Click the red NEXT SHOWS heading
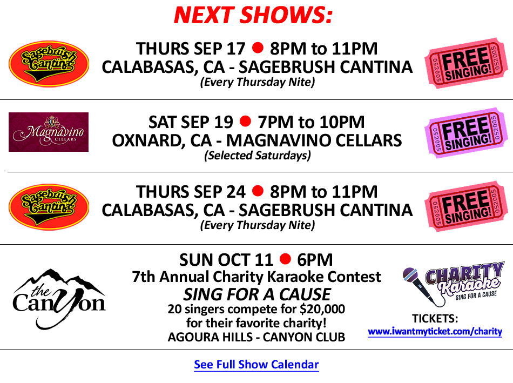(x=253, y=15)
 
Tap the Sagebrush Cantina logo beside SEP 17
(x=49, y=64)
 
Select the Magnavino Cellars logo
(x=49, y=132)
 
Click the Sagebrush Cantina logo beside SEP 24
(x=49, y=207)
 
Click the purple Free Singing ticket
(x=466, y=132)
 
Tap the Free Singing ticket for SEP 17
(x=466, y=63)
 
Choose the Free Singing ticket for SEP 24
(x=466, y=206)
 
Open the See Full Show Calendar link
(x=256, y=364)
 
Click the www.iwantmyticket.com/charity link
(x=435, y=332)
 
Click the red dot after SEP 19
(x=245, y=121)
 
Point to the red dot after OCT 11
(x=285, y=259)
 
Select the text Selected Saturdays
(x=258, y=155)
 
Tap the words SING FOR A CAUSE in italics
(x=257, y=294)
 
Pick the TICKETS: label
(x=435, y=318)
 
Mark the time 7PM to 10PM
(x=311, y=122)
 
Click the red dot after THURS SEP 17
(x=258, y=48)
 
